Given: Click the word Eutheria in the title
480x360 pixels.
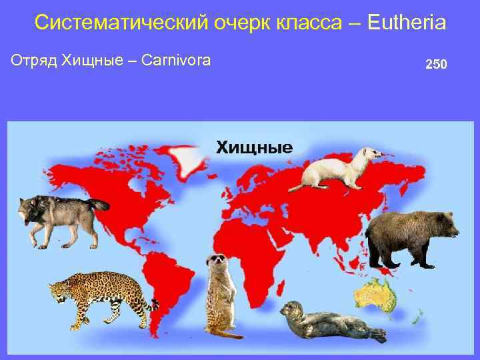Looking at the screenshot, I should point(406,23).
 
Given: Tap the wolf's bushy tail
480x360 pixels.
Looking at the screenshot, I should point(97,206).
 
